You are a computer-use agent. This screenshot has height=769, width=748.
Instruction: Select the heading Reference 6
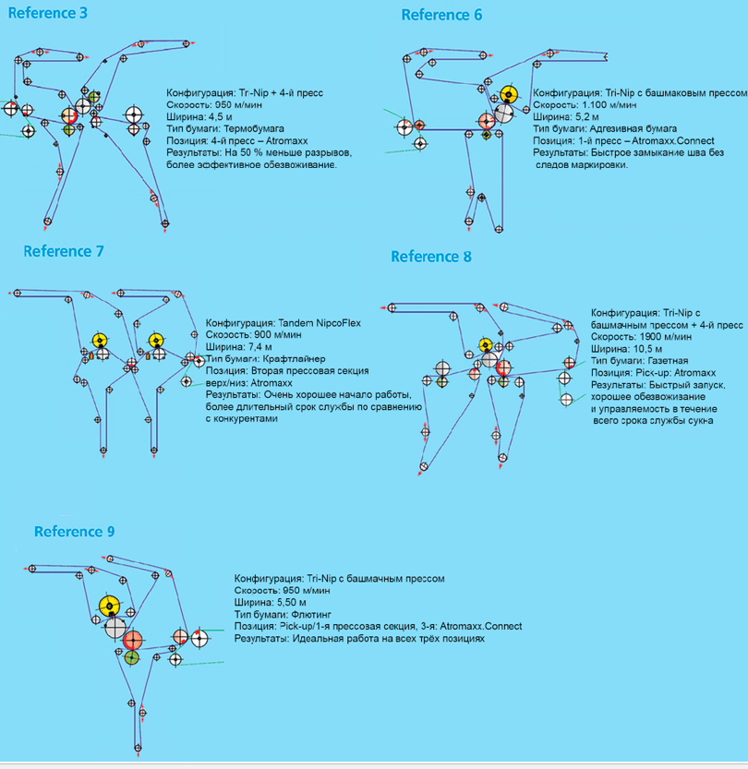pyautogui.click(x=441, y=15)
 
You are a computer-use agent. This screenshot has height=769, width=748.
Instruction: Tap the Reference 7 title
pyautogui.click(x=64, y=251)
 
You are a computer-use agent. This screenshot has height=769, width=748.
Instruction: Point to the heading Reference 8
pyautogui.click(x=431, y=257)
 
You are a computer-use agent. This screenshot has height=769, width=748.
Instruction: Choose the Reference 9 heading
pyautogui.click(x=75, y=532)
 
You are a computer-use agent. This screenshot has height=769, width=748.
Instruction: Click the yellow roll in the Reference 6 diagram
pyautogui.click(x=507, y=95)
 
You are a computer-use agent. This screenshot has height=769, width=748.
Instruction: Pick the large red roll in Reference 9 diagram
pyautogui.click(x=133, y=639)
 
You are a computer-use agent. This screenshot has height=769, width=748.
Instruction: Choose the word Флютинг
pyautogui.click(x=308, y=614)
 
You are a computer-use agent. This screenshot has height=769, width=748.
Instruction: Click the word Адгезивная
pyautogui.click(x=610, y=129)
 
